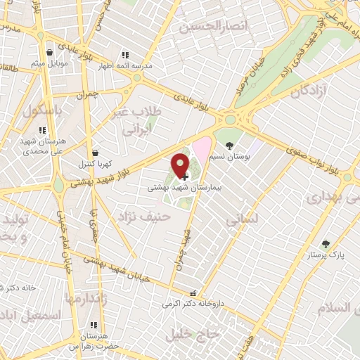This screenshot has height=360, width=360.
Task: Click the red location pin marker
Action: (181, 165)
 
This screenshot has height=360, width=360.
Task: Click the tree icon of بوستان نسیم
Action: (229, 138)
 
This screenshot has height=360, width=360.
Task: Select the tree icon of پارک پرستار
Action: (326, 244)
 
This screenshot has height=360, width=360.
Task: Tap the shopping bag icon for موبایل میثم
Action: (49, 52)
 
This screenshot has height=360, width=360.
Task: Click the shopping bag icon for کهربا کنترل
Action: (95, 153)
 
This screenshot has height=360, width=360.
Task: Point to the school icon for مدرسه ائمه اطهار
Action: (125, 55)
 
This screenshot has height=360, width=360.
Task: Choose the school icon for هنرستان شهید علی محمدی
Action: (43, 130)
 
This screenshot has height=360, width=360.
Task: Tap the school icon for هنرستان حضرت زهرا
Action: (94, 326)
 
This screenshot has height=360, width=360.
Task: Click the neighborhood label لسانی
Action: (243, 219)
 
